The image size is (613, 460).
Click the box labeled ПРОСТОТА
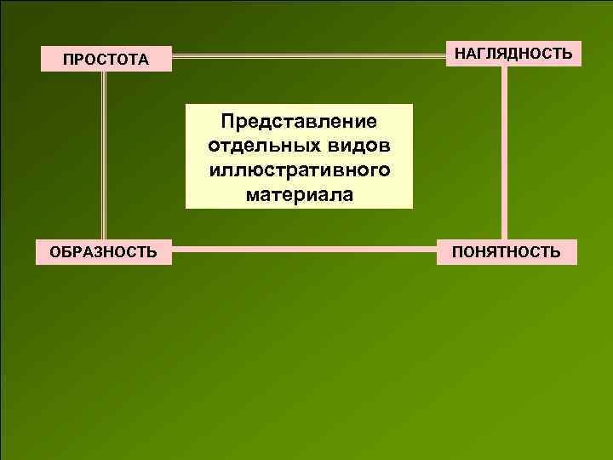pos(106,59)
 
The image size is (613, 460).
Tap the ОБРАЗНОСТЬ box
pos(103,251)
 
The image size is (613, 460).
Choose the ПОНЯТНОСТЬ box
pos(507,251)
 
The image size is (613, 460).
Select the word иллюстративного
pos(299,169)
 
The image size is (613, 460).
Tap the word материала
pos(299,195)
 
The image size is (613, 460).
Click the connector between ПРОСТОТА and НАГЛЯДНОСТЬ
pos(310,58)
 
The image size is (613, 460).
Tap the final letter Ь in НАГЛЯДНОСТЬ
pos(566,54)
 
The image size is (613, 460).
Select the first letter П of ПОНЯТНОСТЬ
pos(458,252)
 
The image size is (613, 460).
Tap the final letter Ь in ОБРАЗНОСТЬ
pos(151,252)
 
